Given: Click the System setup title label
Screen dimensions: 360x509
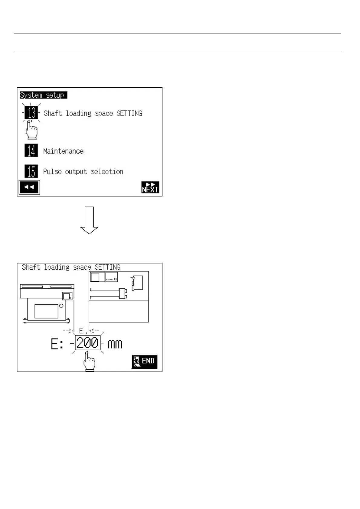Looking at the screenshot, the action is [43, 95].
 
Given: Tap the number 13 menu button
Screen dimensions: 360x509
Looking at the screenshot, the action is [31, 113].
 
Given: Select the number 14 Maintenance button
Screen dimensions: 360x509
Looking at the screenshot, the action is [31, 151].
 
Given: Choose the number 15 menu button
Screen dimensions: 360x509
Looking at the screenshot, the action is [31, 171].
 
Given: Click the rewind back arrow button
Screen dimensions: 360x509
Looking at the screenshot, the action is [29, 187].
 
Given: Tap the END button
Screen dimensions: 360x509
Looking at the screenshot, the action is [145, 361].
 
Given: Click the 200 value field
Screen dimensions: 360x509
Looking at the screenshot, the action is [87, 343].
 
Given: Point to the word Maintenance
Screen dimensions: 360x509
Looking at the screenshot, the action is [63, 151].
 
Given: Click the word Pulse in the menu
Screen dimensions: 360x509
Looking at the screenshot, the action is [52, 172].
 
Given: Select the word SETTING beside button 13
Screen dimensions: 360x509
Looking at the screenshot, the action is [129, 113].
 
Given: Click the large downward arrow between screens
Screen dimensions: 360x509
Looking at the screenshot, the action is [89, 220].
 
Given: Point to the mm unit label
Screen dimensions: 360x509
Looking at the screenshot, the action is [115, 344].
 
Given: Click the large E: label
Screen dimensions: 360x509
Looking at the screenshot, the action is [57, 344].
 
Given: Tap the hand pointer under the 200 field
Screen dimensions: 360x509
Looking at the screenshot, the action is [89, 362].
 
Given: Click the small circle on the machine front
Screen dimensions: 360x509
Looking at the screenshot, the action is [61, 306].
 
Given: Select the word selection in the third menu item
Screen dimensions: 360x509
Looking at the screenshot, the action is [107, 172].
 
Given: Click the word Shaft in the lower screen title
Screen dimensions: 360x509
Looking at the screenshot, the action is [31, 267].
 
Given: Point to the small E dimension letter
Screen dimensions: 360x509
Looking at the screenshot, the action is [81, 331].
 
